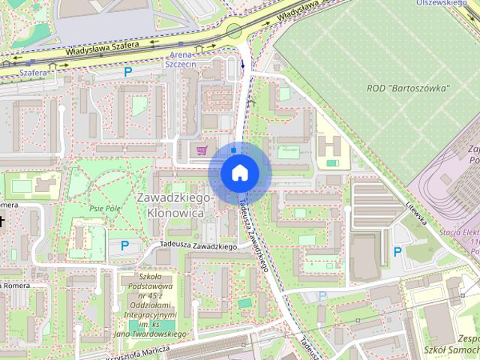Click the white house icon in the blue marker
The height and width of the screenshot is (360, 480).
pyautogui.click(x=239, y=173)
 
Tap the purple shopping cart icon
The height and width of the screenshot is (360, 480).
pyautogui.click(x=201, y=151)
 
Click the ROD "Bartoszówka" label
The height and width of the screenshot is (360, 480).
pyautogui.click(x=409, y=88)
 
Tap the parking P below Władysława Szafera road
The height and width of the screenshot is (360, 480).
pyautogui.click(x=128, y=72)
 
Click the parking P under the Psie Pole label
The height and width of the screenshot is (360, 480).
pyautogui.click(x=124, y=244)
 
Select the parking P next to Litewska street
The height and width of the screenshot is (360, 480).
pyautogui.click(x=397, y=251)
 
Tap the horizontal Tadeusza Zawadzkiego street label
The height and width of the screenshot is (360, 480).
pyautogui.click(x=198, y=246)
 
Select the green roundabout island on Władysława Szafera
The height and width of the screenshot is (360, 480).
pyautogui.click(x=234, y=31)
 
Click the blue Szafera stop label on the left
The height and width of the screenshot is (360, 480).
pyautogui.click(x=34, y=73)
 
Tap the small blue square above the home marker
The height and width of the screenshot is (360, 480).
pyautogui.click(x=234, y=150)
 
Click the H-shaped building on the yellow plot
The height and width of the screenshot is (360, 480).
pyautogui.click(x=331, y=145)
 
